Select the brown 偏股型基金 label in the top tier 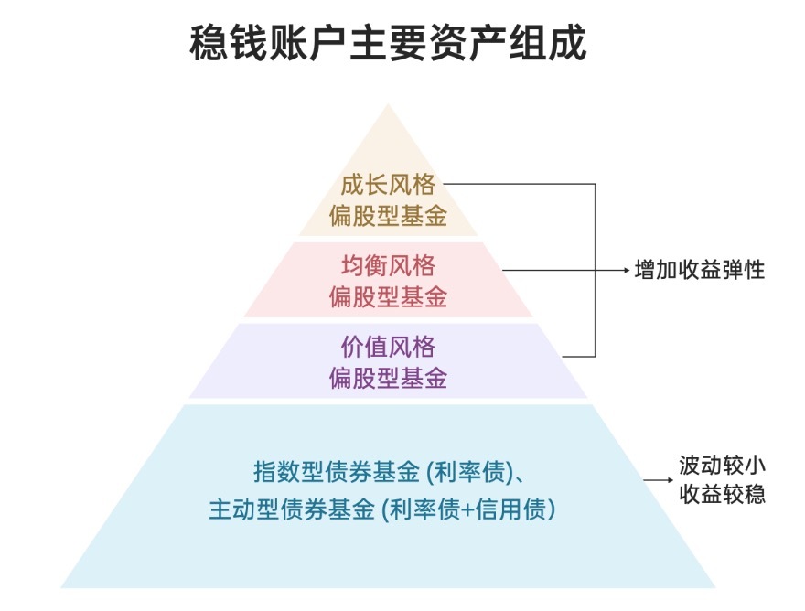pos(388,216)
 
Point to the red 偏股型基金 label pos(388,297)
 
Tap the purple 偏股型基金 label pos(388,379)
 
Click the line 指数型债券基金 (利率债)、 pos(388,474)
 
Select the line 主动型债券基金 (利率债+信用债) pos(382,509)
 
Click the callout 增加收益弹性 pos(700,271)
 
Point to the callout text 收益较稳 pos(722,495)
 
